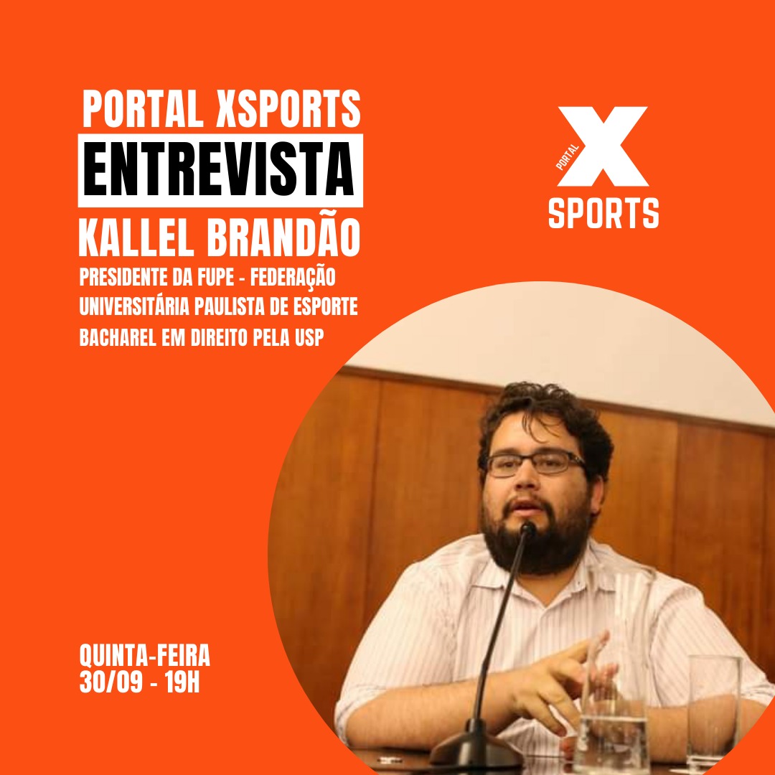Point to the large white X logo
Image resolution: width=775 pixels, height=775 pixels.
tap(603, 146)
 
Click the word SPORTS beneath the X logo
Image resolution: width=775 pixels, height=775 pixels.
tap(603, 213)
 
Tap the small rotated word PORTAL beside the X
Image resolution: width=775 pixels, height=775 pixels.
tap(567, 157)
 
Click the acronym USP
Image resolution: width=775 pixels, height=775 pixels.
tap(309, 337)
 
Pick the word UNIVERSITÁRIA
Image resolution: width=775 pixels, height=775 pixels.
tap(134, 306)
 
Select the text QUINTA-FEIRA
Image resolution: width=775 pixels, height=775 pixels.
tap(145, 655)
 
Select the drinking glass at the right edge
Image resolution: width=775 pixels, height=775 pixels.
tap(714, 712)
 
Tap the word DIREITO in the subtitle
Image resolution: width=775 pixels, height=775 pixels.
tap(219, 338)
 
